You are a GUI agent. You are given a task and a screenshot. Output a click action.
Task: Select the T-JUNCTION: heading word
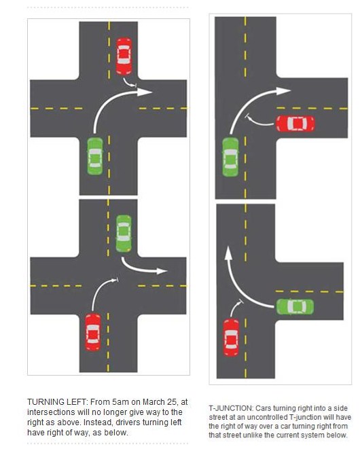point(231,408)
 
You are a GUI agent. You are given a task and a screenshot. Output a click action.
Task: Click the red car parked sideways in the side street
point(295,124)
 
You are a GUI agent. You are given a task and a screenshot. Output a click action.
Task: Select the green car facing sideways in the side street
point(295,306)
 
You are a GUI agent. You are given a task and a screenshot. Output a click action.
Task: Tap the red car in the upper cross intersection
point(124,56)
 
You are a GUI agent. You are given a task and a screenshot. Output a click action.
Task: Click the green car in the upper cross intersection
point(95,156)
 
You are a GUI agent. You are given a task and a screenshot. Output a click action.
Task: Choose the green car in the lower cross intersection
point(124,234)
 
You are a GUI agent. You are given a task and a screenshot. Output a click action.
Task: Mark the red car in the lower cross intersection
point(93,332)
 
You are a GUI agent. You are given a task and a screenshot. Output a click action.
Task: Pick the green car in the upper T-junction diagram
point(230,157)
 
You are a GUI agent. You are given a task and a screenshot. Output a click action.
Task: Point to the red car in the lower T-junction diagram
point(231,338)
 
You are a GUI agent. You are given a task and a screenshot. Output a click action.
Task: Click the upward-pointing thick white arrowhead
point(228,253)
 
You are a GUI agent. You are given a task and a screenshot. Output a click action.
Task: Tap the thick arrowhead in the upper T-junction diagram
point(283,91)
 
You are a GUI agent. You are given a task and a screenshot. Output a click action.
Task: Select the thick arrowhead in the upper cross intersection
point(145,92)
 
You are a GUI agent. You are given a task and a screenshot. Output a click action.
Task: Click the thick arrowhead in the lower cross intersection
point(162,271)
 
